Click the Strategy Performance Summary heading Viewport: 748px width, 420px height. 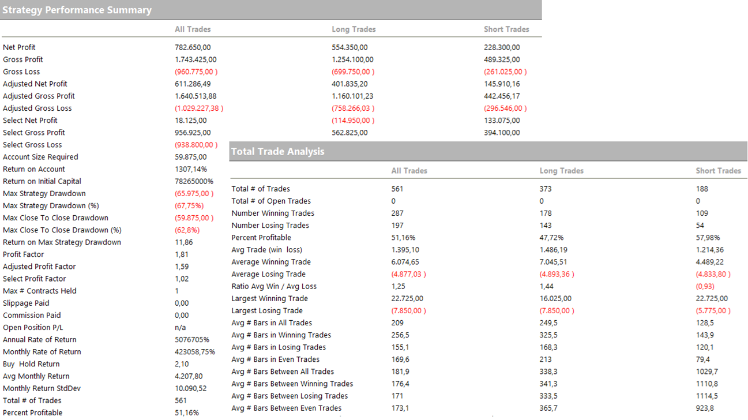coord(77,10)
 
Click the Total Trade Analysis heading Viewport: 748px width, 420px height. coord(277,151)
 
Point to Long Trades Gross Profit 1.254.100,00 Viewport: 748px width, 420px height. coord(352,59)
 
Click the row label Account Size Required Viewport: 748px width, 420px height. coord(40,157)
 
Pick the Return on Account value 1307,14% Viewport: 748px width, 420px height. coord(190,169)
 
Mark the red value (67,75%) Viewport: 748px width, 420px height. coord(189,205)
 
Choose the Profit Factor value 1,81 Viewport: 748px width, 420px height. coord(182,254)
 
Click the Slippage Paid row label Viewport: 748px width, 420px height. coord(26,303)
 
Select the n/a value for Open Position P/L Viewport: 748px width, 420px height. coord(181,327)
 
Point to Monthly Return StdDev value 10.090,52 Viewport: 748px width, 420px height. coord(190,388)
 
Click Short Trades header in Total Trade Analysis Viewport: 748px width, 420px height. coord(718,171)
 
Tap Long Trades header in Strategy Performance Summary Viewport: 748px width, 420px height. coord(354,29)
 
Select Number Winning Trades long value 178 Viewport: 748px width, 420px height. coord(546,213)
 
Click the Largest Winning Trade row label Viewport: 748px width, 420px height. coord(269,298)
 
